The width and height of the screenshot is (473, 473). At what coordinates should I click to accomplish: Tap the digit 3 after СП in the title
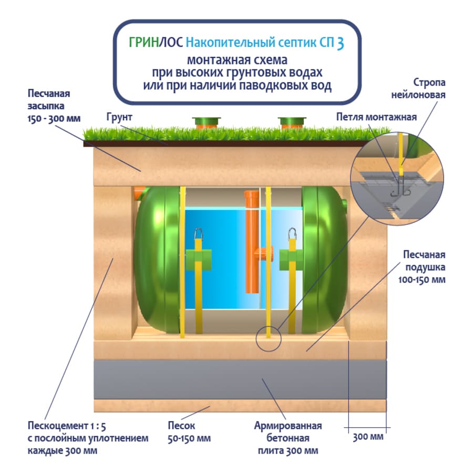[x=340, y=43]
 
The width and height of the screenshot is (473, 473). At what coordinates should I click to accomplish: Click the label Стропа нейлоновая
[x=429, y=89]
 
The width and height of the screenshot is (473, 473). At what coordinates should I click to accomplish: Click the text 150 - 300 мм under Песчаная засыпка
[x=54, y=118]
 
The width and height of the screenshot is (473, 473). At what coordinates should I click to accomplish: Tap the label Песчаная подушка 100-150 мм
[x=424, y=267]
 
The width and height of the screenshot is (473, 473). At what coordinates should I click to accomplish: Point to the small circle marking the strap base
[x=269, y=338]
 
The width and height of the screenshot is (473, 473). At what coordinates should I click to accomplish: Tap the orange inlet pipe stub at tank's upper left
[x=139, y=193]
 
